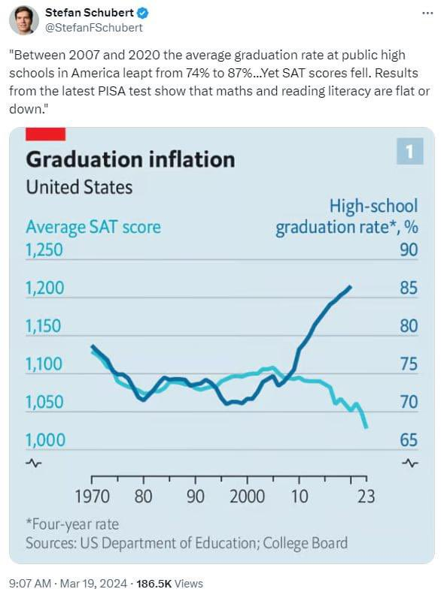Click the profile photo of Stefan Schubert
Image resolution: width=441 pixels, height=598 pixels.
pos(23,20)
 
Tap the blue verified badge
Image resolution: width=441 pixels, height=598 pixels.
pos(143,14)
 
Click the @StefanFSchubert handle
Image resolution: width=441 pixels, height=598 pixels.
pos(93,28)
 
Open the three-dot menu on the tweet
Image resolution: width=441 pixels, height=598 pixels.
pos(427,14)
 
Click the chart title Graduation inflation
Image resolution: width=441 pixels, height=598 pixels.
pos(130,159)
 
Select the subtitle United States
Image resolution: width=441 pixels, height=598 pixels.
pos(79,187)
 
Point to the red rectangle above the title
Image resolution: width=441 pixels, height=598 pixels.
pos(45,134)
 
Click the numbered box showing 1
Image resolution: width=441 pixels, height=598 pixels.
pos(409,152)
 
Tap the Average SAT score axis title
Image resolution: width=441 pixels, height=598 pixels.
pos(93,228)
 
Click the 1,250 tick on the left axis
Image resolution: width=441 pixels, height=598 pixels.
pos(44,250)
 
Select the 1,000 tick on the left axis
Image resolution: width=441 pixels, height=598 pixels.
pos(45,440)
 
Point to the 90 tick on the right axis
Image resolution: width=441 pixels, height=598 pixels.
pos(409,250)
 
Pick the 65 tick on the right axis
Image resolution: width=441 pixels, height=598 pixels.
pos(409,440)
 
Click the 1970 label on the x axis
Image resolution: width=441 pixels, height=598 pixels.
pos(92,497)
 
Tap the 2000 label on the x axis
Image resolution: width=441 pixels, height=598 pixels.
pos(247,497)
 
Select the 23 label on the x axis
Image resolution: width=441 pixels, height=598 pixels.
pos(366,497)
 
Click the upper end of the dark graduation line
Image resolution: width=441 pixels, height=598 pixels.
pos(351,286)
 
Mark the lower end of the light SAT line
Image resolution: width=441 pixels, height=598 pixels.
pos(366,427)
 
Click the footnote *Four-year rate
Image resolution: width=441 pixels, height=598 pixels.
pos(72,524)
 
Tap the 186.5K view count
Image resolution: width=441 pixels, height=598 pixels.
pos(154,584)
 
